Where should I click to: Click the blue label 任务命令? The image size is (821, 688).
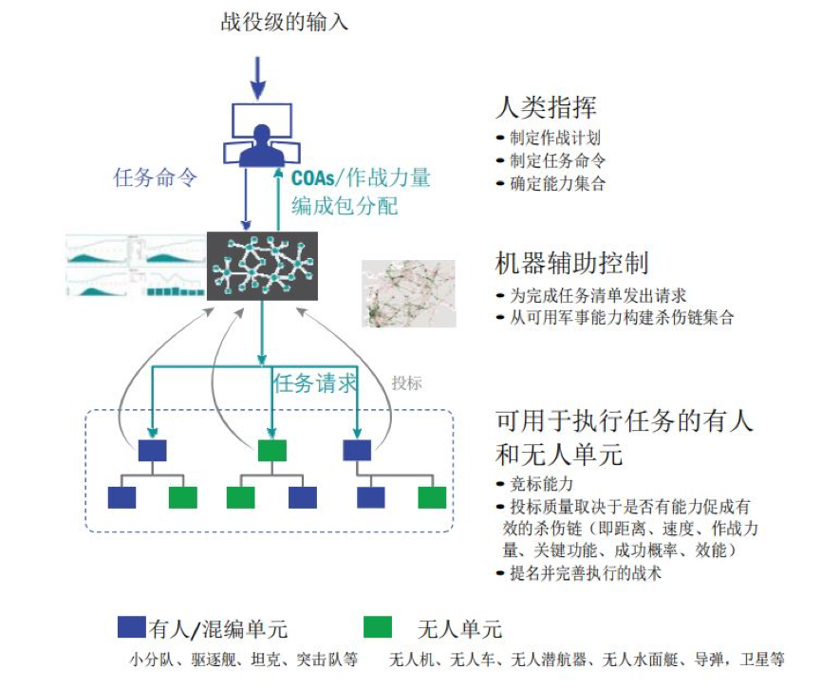point(155,177)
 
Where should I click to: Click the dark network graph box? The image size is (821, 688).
point(262,265)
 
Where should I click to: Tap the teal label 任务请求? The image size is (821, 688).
point(314,383)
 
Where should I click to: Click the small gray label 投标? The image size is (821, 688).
point(406,383)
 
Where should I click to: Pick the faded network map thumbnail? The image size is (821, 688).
point(408,293)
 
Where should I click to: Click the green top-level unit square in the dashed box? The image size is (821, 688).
point(271,450)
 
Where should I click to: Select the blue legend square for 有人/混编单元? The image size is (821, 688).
point(131,626)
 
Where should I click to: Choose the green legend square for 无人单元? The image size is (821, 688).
point(378,626)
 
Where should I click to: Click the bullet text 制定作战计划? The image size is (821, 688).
point(555,139)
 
